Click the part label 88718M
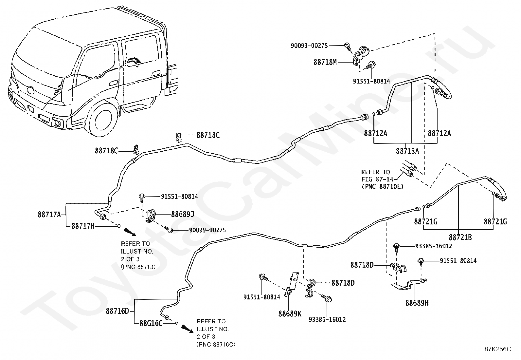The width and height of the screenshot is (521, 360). pos(325,62)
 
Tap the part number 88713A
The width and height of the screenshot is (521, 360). pos(407,151)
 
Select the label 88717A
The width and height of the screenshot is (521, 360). pos(49,214)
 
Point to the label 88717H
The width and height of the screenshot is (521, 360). pos(83,226)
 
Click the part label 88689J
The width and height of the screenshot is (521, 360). pos(183,214)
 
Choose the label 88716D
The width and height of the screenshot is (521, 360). pos(117,311)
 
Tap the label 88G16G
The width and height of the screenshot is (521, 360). pos(151,323)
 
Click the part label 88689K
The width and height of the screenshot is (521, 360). pos(290,314)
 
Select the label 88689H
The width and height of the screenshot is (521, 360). pos(417,303)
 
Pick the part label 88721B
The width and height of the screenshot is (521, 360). pos(460,237)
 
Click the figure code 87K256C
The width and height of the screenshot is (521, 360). pos(498,349)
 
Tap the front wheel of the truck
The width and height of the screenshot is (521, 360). pos(103,120)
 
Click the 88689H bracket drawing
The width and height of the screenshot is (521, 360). pos(409,285)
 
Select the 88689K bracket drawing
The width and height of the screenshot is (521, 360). pos(291,284)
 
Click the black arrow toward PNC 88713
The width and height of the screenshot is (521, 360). pos(130,232)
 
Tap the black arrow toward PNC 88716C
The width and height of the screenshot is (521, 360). pos(188,328)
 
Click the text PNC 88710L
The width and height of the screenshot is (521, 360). pos(383,186)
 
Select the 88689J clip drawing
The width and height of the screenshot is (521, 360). pos(151,216)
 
